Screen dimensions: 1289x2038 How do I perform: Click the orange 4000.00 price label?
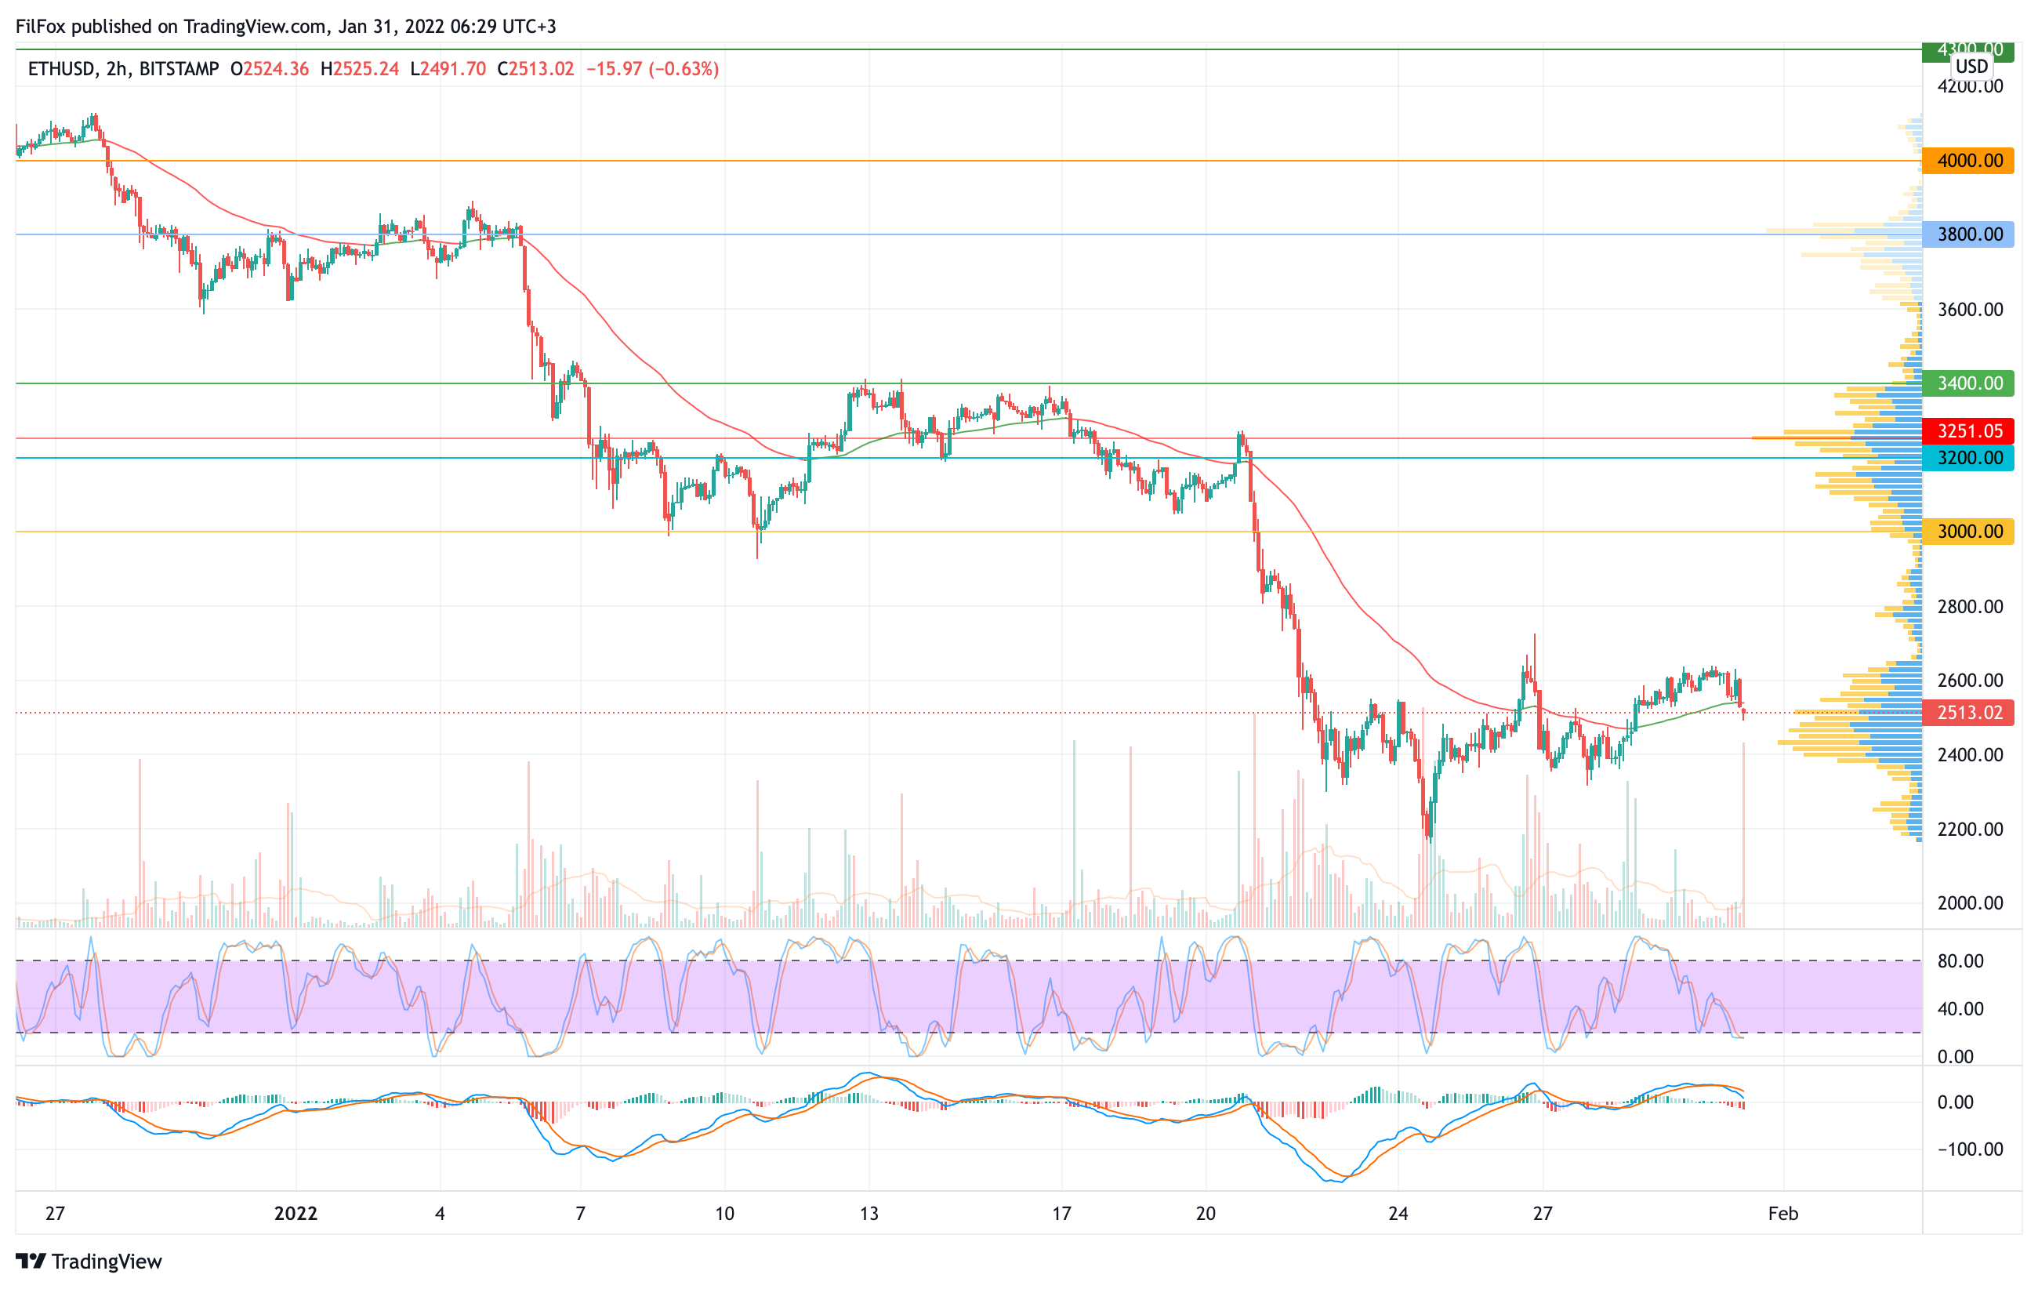coord(1968,161)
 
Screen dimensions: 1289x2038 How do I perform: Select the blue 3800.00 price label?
coord(1968,234)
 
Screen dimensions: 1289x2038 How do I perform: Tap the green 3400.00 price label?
coord(1968,383)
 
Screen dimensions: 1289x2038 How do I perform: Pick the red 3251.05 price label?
coord(1968,430)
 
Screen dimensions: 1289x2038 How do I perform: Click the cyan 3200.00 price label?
coord(1968,458)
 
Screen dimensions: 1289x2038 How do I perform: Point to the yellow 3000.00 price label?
coord(1968,532)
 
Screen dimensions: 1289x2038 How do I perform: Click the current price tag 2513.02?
coord(1968,713)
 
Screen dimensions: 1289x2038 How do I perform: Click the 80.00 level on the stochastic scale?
coord(1960,961)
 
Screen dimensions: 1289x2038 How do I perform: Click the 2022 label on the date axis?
coord(296,1214)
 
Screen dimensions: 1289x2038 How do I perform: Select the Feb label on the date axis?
coord(1783,1214)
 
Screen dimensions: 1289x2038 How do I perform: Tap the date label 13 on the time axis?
coord(869,1214)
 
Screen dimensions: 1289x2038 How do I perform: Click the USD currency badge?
coord(1971,66)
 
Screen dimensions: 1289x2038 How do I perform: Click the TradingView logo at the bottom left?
coord(89,1261)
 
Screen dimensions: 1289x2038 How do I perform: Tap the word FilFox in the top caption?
coord(40,26)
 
